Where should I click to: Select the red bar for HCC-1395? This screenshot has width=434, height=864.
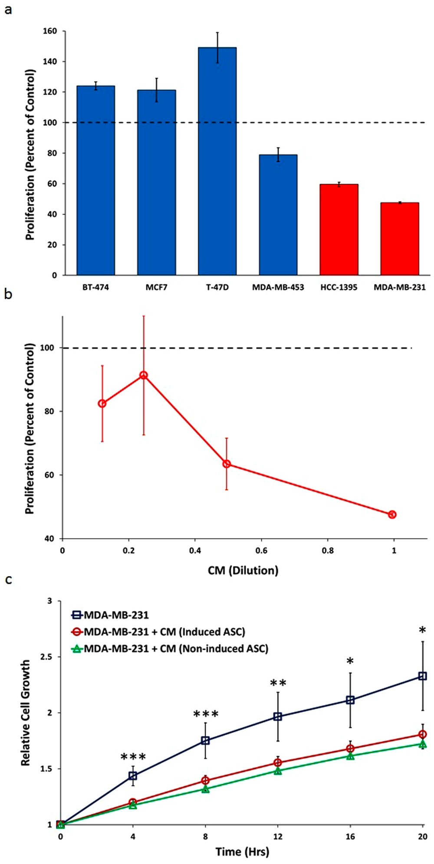coord(339,229)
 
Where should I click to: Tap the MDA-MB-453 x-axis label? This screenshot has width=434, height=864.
coord(278,288)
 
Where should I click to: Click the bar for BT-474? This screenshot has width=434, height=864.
coord(95,180)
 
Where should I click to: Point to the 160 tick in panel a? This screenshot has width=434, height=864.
coord(50,31)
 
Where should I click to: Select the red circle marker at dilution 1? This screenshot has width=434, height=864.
coord(392,514)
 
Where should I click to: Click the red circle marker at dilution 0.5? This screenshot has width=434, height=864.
coord(227,464)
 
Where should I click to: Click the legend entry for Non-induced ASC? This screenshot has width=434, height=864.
coord(176,648)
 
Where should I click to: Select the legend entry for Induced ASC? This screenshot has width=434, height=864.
coord(164,632)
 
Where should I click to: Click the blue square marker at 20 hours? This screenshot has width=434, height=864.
coord(422,676)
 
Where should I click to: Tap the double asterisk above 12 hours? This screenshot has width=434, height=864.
coord(278,683)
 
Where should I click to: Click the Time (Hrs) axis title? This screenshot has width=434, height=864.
coord(242,851)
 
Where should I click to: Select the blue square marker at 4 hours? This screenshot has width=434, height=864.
coord(133,775)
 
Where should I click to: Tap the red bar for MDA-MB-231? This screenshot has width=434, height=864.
coord(399,239)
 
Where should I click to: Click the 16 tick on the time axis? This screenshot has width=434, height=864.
coord(350,836)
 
